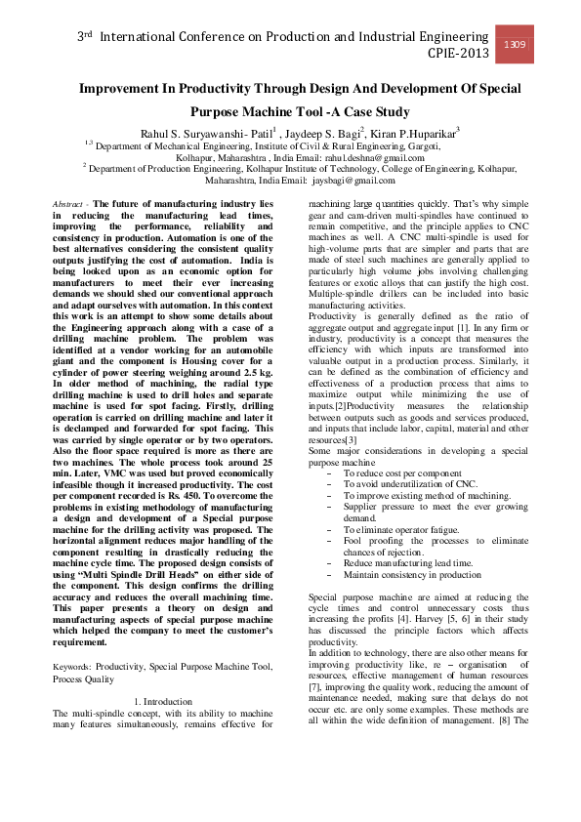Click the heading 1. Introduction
pyautogui.click(x=162, y=701)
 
